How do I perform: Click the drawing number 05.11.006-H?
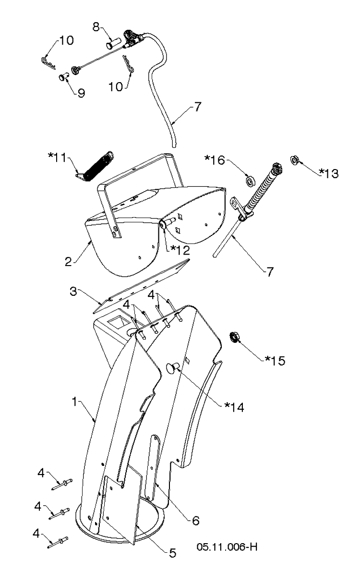pos(227,547)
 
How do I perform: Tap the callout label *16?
pos(215,160)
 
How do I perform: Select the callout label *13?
pos(329,173)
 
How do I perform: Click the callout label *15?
pos(275,360)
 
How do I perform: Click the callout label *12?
pos(180,251)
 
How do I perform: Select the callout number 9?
pos(81,93)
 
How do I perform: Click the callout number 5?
pos(172,553)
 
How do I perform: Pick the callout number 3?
pos(73,292)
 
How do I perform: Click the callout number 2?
pos(68,262)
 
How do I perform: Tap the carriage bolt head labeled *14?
pos(172,368)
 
